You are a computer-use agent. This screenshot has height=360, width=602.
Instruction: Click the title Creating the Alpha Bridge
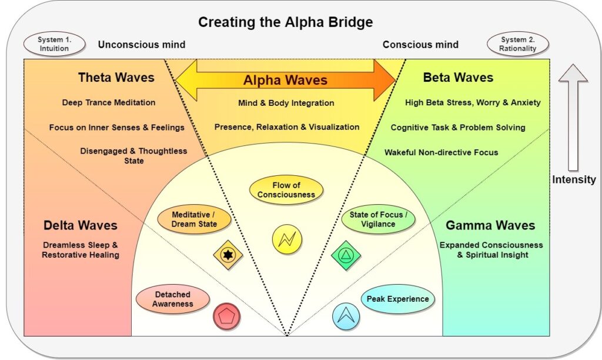tap(285, 22)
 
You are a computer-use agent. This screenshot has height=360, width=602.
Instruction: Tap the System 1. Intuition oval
tap(54, 44)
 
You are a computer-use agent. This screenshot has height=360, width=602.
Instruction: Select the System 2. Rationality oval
tap(518, 44)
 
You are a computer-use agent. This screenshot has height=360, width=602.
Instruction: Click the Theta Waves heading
tap(116, 78)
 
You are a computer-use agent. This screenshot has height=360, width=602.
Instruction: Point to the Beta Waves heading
tap(458, 78)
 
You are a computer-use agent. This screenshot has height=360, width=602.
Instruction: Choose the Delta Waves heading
tap(81, 225)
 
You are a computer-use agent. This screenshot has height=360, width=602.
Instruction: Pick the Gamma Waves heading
tap(490, 225)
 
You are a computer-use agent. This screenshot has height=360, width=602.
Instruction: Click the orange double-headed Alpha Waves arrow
tap(286, 79)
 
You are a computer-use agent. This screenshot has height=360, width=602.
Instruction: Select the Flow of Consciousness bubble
tap(286, 190)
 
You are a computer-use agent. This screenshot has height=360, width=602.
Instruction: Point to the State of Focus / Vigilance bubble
tap(378, 219)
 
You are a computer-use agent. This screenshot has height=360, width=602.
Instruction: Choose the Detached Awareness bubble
tap(173, 299)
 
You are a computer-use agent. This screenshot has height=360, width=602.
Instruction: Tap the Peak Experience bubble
tap(397, 299)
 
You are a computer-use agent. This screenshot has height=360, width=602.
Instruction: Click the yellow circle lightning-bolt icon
tap(287, 239)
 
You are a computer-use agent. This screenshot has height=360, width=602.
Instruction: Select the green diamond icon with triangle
tap(346, 255)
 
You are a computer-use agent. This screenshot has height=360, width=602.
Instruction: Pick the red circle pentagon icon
tap(226, 316)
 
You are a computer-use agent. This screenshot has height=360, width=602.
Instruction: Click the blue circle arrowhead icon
tap(346, 316)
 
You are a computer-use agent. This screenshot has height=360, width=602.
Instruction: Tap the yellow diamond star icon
tap(228, 255)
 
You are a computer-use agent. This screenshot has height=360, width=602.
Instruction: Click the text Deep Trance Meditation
tap(109, 102)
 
